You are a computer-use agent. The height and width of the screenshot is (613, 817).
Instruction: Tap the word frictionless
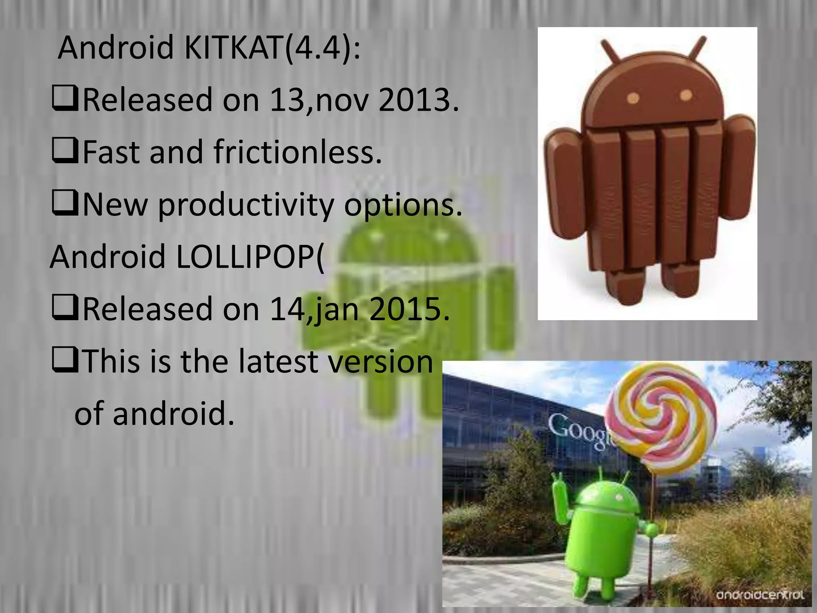(x=298, y=152)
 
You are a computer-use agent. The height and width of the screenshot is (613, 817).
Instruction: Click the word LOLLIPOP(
(x=250, y=257)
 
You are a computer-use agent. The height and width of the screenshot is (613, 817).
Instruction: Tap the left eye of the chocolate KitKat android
(x=633, y=98)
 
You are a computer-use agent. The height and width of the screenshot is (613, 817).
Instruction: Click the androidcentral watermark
(x=760, y=595)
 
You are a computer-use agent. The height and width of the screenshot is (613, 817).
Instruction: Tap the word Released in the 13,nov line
(x=148, y=100)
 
